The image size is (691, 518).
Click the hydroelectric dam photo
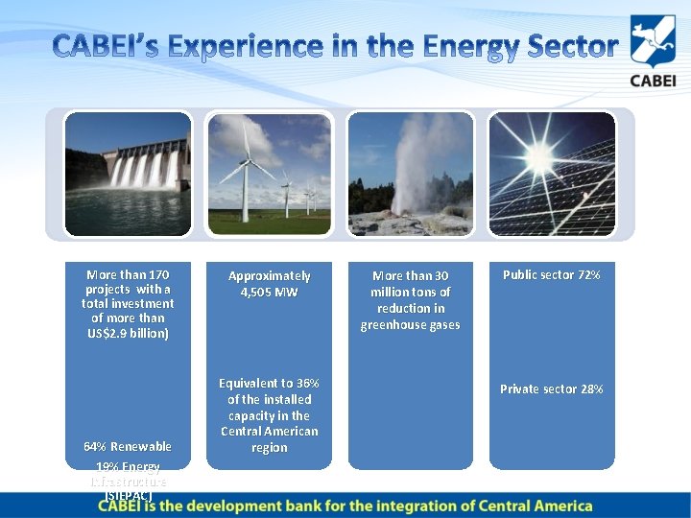pyautogui.click(x=128, y=174)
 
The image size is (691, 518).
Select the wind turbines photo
pyautogui.click(x=269, y=174)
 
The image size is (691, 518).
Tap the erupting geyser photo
pyautogui.click(x=411, y=174)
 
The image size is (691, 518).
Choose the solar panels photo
pyautogui.click(x=552, y=174)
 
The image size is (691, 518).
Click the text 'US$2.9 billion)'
pyautogui.click(x=127, y=333)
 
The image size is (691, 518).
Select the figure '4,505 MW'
pyautogui.click(x=269, y=293)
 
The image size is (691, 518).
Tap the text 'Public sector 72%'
pyautogui.click(x=552, y=275)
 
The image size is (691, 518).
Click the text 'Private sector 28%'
pyautogui.click(x=552, y=389)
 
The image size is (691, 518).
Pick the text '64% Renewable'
pyautogui.click(x=127, y=447)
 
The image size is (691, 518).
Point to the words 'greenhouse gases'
pyautogui.click(x=411, y=325)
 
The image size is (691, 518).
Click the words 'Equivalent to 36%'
pyautogui.click(x=269, y=383)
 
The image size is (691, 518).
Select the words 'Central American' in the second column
pyautogui.click(x=269, y=432)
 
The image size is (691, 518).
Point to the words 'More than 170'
pyautogui.click(x=127, y=275)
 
